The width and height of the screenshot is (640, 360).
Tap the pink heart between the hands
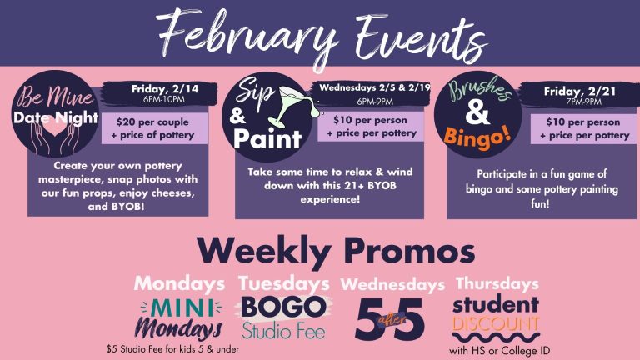click(x=55, y=129)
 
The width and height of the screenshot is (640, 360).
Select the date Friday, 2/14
click(x=165, y=89)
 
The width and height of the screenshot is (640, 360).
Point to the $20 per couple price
click(x=152, y=122)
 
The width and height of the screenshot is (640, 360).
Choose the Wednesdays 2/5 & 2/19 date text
click(x=375, y=87)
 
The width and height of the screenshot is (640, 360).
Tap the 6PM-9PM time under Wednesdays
click(x=375, y=102)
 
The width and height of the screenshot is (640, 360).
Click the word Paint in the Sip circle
click(x=267, y=139)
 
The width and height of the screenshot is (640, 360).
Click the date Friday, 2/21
click(x=580, y=92)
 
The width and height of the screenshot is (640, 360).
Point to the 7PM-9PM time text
click(x=583, y=102)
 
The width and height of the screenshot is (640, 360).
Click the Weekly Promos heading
click(x=337, y=250)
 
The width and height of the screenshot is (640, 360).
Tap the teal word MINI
click(x=182, y=308)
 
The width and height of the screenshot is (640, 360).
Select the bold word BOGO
click(x=283, y=307)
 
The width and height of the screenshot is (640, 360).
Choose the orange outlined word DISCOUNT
click(x=496, y=324)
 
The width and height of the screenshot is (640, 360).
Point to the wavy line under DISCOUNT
click(x=497, y=337)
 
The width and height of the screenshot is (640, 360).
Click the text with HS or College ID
click(x=500, y=351)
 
